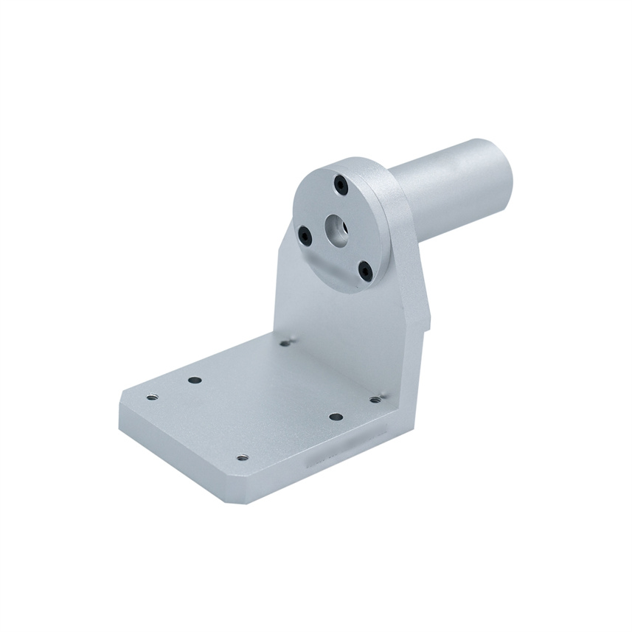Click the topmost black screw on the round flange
tap(340, 184)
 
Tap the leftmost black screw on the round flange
tap(305, 235)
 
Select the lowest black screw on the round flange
tap(365, 271)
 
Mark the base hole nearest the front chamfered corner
tap(242, 457)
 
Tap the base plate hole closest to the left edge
tap(152, 397)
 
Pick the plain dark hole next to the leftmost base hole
tap(195, 380)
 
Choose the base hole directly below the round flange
tap(285, 342)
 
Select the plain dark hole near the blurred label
tap(336, 417)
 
